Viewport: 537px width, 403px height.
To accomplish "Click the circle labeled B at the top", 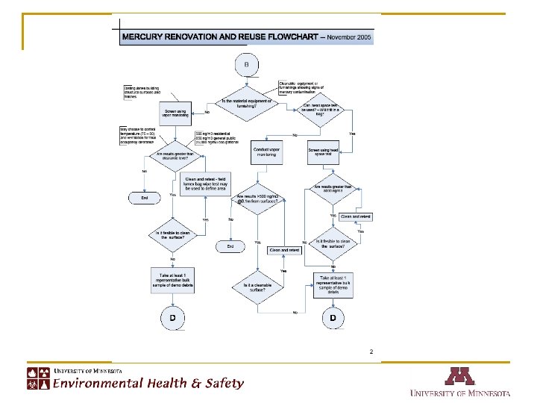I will click(x=246, y=66).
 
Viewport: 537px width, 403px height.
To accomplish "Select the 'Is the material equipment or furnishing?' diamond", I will click(x=246, y=104).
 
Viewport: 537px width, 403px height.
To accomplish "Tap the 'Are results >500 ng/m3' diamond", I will click(x=257, y=199).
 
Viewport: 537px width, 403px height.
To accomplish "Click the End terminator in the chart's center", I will click(x=231, y=246).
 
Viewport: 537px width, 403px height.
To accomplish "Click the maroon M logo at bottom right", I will click(x=459, y=376).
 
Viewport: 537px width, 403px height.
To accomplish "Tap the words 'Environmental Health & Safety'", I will click(x=148, y=384).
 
